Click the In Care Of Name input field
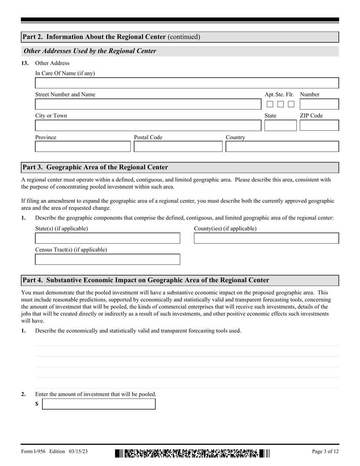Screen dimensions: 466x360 tap(187, 83)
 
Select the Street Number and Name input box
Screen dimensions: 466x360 tap(148, 104)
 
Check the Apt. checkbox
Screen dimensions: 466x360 tap(270, 104)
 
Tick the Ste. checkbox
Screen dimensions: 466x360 tap(280, 104)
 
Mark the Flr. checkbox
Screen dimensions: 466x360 tap(291, 104)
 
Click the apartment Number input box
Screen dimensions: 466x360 tap(319, 104)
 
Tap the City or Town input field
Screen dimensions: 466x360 tap(148, 125)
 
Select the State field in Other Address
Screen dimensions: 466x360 tap(280, 125)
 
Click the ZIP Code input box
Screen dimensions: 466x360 tap(319, 125)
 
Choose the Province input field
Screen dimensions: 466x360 tap(83, 147)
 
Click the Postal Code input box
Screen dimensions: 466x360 tap(178, 147)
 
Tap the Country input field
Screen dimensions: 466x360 tap(282, 147)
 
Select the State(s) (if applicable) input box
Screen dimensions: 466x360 tap(108, 238)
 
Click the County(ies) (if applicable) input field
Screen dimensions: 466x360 tap(266, 238)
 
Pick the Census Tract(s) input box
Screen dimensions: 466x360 tap(108, 260)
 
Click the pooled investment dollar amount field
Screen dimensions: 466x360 tap(99, 404)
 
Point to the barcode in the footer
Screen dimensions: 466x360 tap(193, 453)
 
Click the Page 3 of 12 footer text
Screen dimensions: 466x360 tap(325, 451)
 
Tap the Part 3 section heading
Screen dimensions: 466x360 tap(95, 167)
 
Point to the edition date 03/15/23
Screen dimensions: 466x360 tap(78, 451)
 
